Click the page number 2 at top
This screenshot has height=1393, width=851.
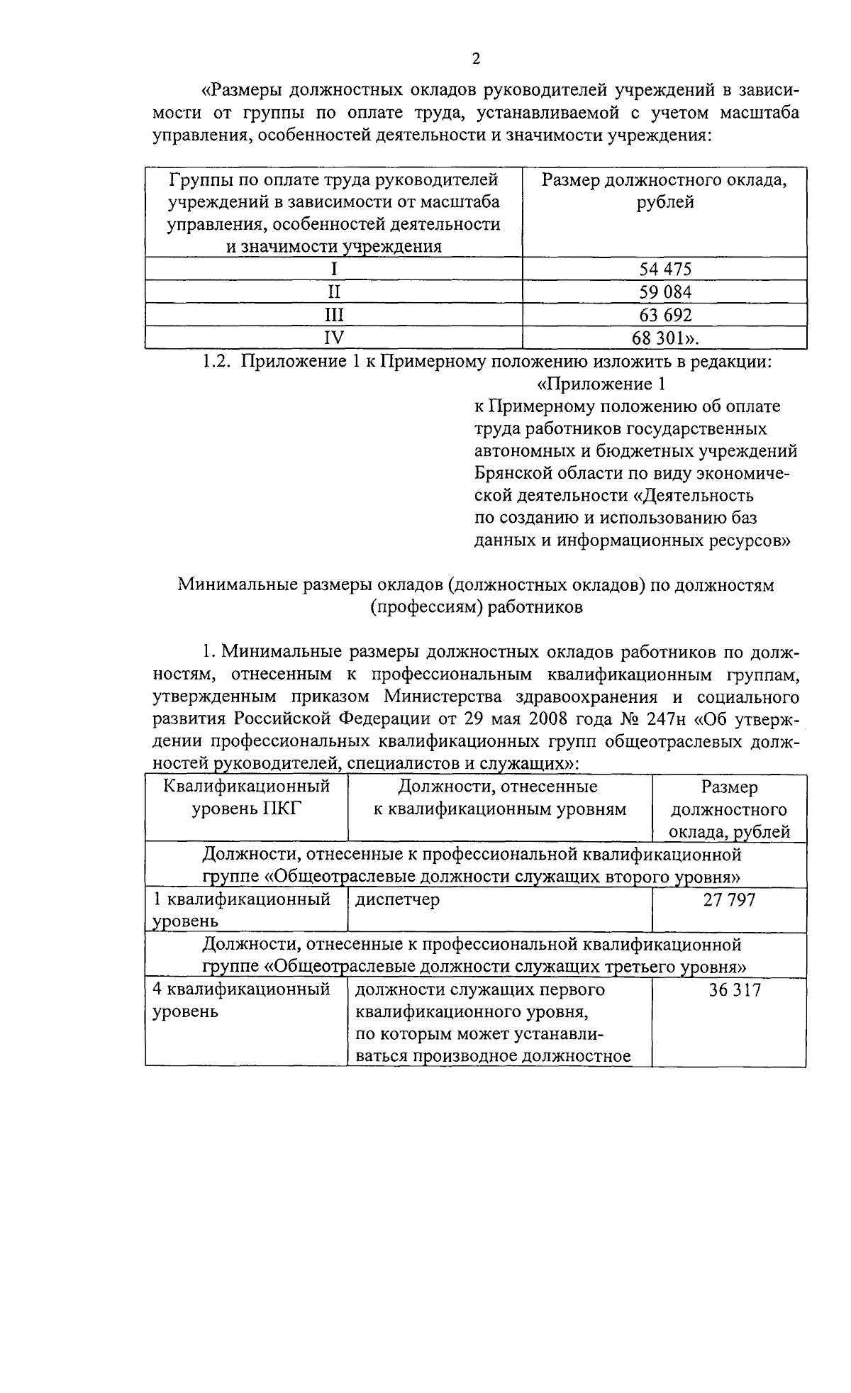(x=476, y=59)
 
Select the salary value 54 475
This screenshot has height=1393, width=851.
(x=664, y=269)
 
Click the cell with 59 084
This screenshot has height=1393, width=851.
(x=664, y=292)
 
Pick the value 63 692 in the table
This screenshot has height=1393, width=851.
(x=664, y=315)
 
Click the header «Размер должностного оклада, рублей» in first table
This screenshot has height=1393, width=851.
(x=664, y=191)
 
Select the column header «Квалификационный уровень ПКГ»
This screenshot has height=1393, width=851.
(x=247, y=798)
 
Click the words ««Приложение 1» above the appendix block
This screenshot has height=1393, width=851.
(x=602, y=384)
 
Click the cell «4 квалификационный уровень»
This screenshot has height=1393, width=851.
(x=242, y=1000)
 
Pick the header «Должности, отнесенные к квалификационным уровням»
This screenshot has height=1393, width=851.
(x=499, y=798)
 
